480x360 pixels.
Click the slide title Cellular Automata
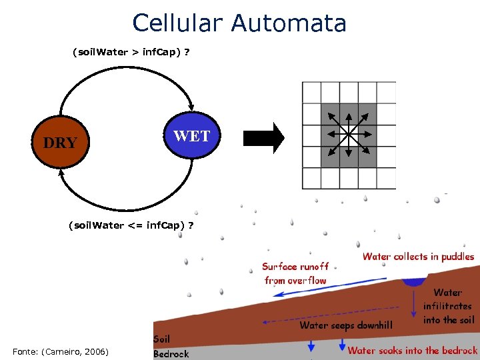pos(239,23)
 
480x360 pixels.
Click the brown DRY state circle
pos(60,142)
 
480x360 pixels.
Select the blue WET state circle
pos(191,137)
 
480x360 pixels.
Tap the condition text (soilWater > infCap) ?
pos(131,52)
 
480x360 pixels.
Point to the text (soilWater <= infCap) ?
pos(131,225)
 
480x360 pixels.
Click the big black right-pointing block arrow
pos(264,138)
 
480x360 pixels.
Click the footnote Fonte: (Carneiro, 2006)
pos(61,351)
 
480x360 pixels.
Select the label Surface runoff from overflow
pos(295,273)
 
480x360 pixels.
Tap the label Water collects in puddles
pos(418,257)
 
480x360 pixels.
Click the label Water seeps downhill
pos(346,325)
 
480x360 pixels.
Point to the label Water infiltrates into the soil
pos(447,306)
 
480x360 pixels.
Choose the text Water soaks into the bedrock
pos(412,350)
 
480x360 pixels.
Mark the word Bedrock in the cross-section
pos(171,353)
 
